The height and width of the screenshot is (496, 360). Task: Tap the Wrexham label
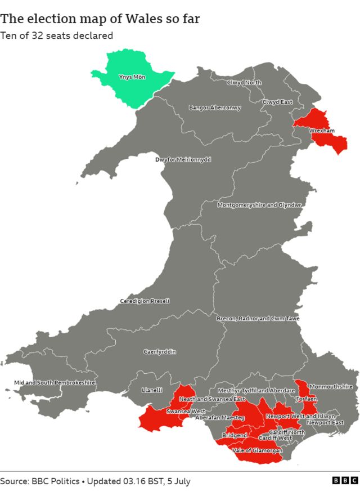[322, 131]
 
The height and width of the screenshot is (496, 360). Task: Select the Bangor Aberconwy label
[215, 108]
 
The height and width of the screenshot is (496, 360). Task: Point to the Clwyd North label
[244, 83]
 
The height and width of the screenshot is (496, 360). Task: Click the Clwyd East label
[277, 102]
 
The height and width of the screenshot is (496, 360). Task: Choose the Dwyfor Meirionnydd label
[183, 159]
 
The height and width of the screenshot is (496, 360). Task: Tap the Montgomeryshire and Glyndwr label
[259, 205]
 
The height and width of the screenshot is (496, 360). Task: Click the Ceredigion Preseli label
[145, 301]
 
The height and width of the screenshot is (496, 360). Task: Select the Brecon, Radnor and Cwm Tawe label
[258, 319]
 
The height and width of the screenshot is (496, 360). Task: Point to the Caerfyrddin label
[160, 352]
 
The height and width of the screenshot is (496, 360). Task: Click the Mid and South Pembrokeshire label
[55, 383]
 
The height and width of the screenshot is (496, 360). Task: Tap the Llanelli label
[152, 390]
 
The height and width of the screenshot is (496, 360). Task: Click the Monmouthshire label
[331, 387]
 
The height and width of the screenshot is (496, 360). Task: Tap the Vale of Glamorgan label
[257, 450]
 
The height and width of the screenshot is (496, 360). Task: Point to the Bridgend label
[235, 436]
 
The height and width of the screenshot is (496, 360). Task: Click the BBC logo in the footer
[344, 480]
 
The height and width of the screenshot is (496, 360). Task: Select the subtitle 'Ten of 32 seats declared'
[56, 35]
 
